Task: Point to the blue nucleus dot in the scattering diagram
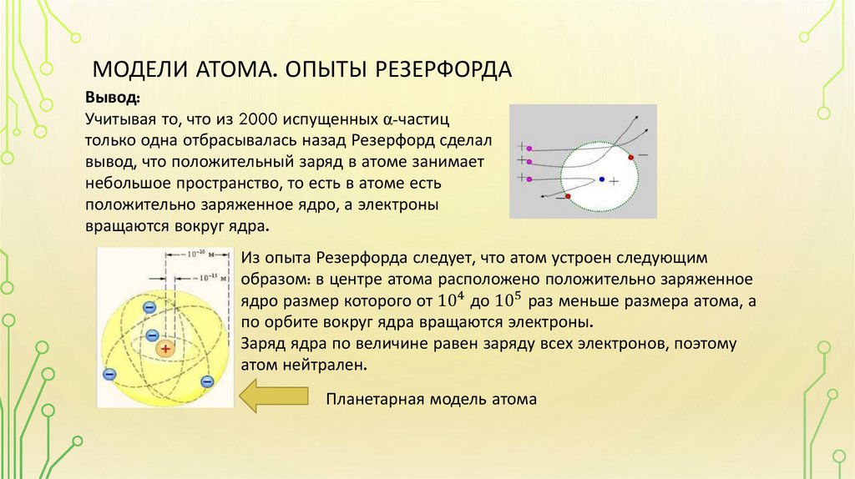(601, 179)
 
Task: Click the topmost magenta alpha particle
(529, 144)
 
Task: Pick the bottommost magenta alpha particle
(529, 177)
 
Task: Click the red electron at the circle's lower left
(568, 197)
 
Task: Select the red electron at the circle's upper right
(630, 156)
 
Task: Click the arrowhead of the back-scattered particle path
(544, 197)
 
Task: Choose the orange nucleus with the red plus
(166, 350)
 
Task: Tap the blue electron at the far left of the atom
(109, 373)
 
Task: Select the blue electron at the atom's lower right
(207, 381)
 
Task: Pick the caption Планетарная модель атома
(431, 399)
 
